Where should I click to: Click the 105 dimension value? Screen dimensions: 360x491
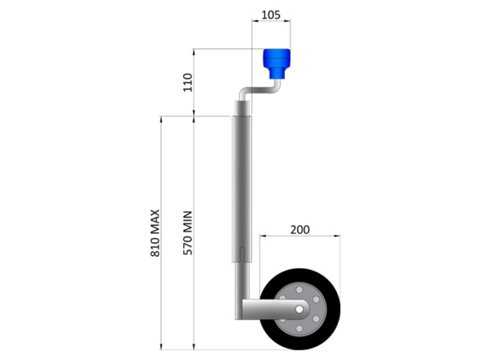pyautogui.click(x=270, y=16)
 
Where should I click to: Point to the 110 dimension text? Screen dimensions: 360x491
pyautogui.click(x=187, y=83)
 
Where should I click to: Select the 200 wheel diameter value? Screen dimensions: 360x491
pyautogui.click(x=300, y=230)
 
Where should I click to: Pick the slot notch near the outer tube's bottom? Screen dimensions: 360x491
pyautogui.click(x=243, y=250)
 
